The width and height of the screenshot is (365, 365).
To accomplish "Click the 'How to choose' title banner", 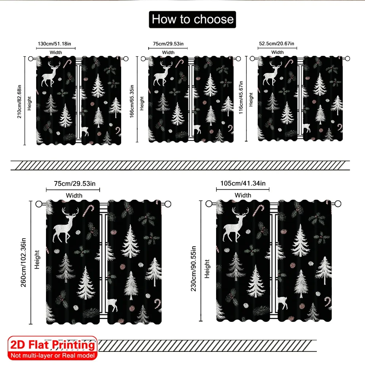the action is (x=192, y=19).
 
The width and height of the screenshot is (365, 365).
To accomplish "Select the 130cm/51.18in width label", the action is (x=54, y=44).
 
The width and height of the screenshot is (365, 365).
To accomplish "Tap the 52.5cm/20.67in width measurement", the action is (x=277, y=43).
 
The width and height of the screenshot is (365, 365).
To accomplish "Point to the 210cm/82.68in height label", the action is (x=19, y=101).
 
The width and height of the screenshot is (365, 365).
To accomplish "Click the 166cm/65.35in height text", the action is (x=132, y=101).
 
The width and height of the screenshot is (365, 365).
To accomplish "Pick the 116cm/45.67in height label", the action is (x=241, y=97).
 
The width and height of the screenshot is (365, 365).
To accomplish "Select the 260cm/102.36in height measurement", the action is (x=23, y=262).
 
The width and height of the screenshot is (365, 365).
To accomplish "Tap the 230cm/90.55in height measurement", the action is (x=193, y=269).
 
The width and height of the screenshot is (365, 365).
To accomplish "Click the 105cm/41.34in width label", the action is (x=243, y=184).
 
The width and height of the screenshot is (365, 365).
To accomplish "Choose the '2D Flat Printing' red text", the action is (x=53, y=345).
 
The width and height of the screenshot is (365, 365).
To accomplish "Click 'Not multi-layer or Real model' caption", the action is (x=53, y=356).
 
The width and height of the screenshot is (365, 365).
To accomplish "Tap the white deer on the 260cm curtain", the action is (x=65, y=226).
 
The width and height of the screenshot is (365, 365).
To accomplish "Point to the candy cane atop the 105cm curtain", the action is (x=259, y=210).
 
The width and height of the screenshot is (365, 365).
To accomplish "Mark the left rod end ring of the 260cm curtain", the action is (x=39, y=204).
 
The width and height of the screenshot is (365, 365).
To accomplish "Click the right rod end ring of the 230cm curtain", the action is (x=338, y=204).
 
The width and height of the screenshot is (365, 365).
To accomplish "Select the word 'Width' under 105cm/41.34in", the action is (x=243, y=195).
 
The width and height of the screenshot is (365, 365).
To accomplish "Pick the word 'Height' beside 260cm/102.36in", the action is (x=37, y=260).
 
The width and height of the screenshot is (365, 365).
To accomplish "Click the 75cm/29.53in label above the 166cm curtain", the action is (x=168, y=44).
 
